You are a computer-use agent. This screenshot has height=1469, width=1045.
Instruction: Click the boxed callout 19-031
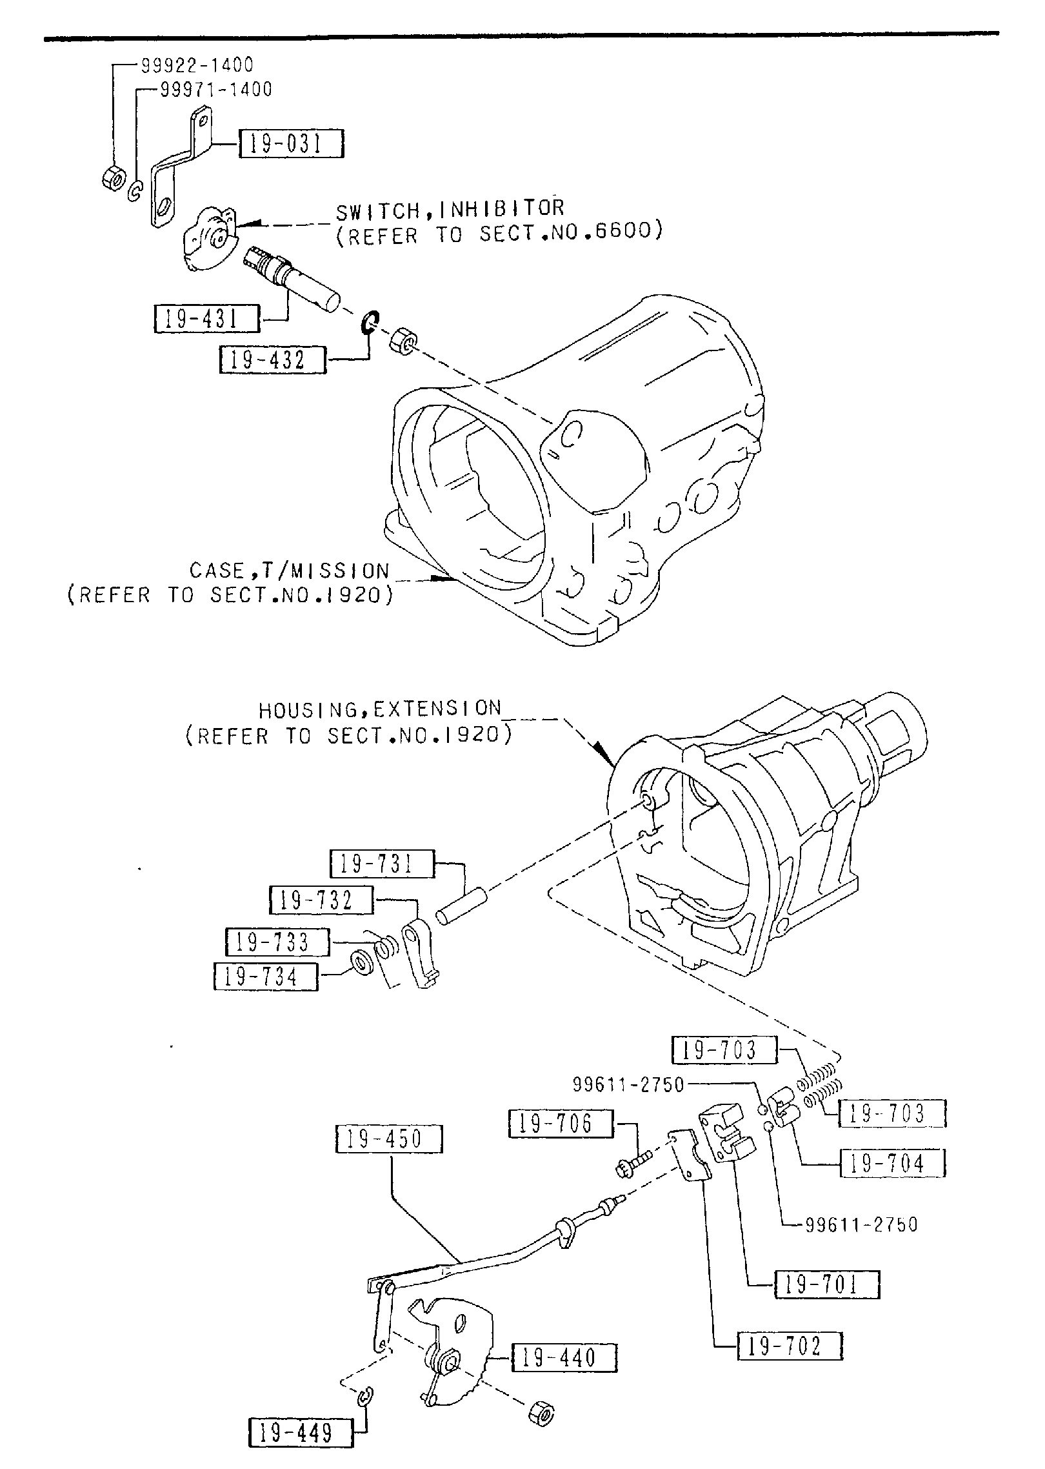tap(291, 143)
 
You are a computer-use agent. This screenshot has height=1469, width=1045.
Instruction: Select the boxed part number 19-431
tap(207, 319)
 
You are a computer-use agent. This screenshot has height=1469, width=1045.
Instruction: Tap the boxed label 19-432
tap(272, 360)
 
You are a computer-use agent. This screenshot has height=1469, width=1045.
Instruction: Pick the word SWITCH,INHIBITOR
tap(450, 208)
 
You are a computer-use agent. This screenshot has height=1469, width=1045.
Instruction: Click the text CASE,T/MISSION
tap(290, 571)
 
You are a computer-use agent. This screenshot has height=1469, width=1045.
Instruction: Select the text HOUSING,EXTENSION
tap(380, 709)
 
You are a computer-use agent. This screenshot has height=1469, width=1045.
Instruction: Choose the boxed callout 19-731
tap(382, 864)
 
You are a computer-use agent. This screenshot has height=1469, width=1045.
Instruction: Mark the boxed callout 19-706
tap(560, 1123)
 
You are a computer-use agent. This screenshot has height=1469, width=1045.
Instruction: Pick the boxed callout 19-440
tap(564, 1357)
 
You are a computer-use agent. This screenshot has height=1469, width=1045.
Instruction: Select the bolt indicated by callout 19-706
tap(632, 1166)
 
